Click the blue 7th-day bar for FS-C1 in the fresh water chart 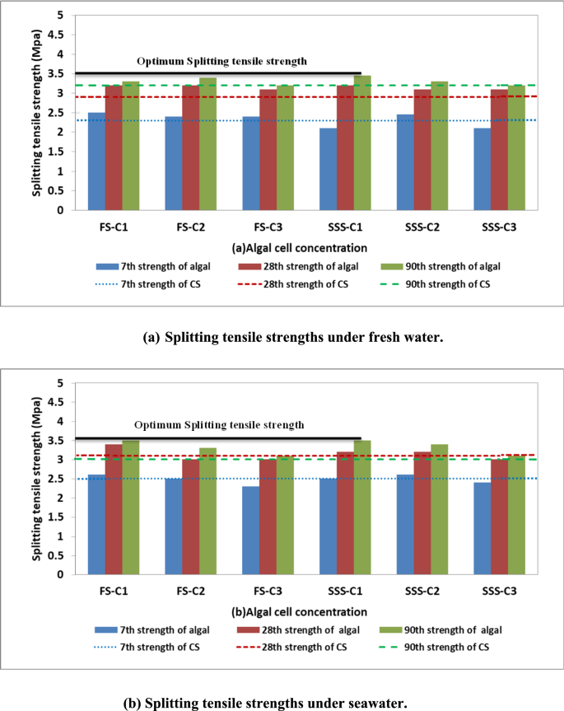point(96,161)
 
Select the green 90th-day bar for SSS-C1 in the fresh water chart point(361,143)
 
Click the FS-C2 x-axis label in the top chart point(191,224)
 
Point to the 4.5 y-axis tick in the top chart point(58,35)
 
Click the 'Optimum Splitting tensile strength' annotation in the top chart point(221,61)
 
